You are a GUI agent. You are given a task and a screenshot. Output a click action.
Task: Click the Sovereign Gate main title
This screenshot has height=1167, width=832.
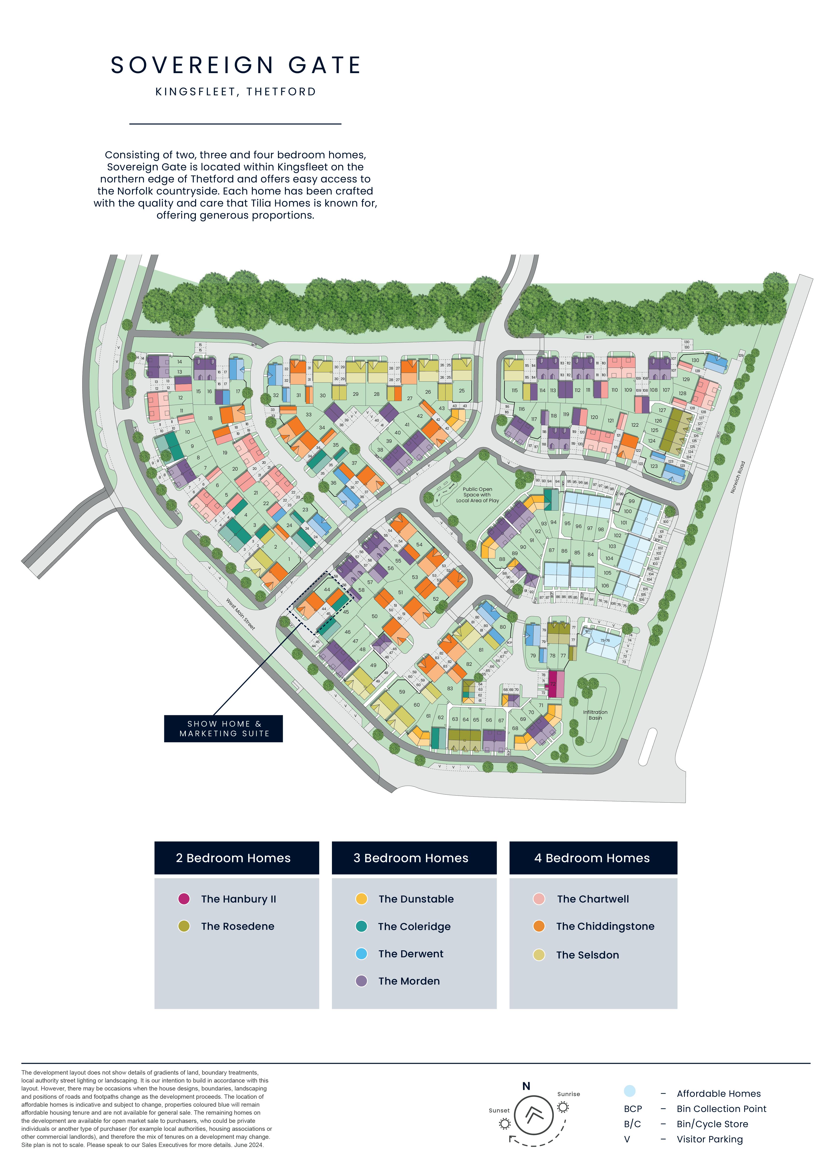tap(236, 66)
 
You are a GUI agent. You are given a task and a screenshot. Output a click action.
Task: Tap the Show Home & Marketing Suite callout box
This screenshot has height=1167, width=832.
tap(223, 728)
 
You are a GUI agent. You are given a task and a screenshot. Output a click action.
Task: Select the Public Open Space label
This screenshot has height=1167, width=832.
tap(477, 495)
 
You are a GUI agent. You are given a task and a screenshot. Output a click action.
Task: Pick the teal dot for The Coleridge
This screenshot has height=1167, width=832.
tap(361, 926)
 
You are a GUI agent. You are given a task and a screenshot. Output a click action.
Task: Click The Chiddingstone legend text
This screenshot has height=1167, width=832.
tap(605, 926)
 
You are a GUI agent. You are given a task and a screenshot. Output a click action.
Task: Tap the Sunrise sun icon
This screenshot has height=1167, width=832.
tap(563, 1107)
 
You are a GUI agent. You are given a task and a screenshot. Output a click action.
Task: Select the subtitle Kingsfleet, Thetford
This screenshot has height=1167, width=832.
tap(236, 92)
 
